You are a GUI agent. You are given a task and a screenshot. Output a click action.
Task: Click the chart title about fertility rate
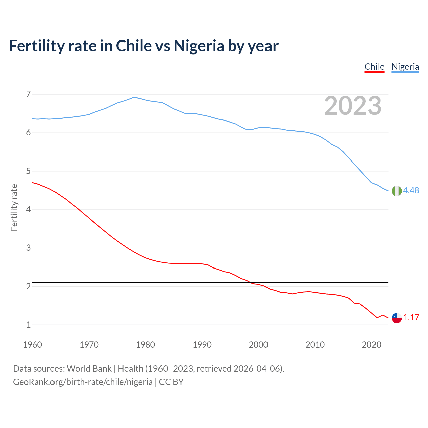(143, 46)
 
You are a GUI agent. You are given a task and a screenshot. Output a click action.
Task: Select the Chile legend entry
(374, 67)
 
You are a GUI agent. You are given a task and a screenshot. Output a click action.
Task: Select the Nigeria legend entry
(405, 67)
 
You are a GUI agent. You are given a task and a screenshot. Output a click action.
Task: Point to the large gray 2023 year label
(352, 106)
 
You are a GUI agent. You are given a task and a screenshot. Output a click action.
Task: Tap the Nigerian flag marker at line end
(397, 191)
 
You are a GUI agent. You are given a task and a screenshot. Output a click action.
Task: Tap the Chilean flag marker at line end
(397, 318)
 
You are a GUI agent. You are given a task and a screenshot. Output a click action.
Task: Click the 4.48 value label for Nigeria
(411, 190)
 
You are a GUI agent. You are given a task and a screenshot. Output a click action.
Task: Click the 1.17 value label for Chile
(411, 317)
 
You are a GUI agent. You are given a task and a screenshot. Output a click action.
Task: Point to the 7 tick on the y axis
(28, 94)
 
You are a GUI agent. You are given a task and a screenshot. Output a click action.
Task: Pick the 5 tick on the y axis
(28, 171)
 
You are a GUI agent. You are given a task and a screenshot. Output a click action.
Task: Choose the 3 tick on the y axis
(28, 248)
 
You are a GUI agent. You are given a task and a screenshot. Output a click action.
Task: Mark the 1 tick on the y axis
(28, 325)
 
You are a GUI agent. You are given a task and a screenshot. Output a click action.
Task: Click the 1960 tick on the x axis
(32, 345)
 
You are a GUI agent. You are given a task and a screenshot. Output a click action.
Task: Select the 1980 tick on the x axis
(145, 345)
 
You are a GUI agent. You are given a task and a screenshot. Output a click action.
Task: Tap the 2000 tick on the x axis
(258, 345)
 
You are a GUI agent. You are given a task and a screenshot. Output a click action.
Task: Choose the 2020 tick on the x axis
(371, 345)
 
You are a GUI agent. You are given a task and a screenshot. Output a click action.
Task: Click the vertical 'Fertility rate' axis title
(14, 207)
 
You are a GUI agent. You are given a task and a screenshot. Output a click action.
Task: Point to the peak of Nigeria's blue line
(134, 97)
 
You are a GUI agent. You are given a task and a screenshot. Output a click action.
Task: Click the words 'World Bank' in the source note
(89, 369)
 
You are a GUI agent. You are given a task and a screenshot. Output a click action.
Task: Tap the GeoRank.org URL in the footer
(83, 382)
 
